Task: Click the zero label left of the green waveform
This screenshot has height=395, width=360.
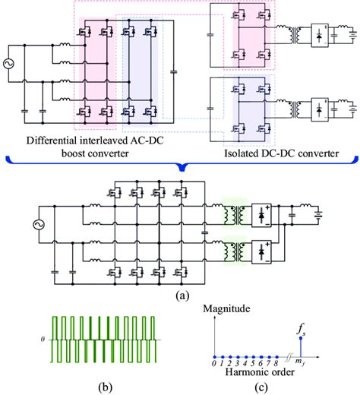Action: (x=44, y=340)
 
